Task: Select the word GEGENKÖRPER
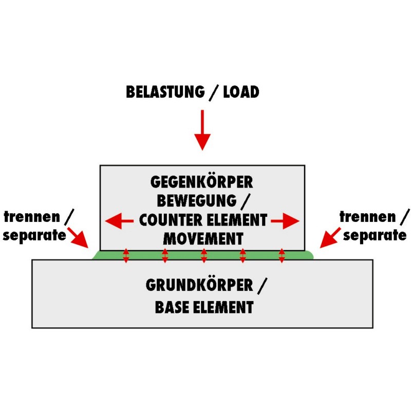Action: (202, 182)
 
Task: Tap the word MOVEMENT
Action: (202, 239)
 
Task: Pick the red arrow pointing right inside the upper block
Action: (286, 221)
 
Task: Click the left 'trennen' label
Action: (31, 217)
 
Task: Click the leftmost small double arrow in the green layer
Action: (126, 255)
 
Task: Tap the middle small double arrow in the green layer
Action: (204, 255)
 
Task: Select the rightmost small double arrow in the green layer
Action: (282, 255)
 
